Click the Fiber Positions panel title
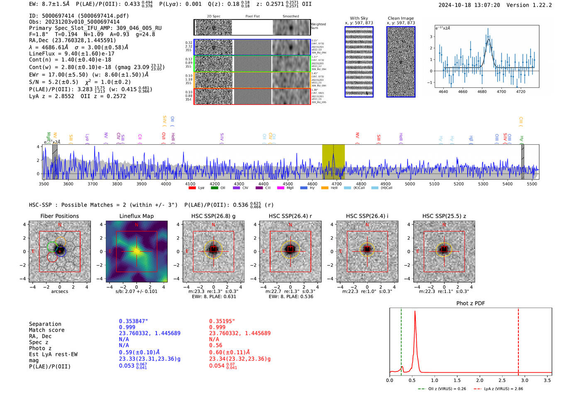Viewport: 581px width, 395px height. tap(59, 216)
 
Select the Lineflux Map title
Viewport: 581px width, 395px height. tap(136, 216)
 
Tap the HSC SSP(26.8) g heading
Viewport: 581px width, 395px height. tap(213, 216)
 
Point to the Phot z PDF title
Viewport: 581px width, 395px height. tap(471, 303)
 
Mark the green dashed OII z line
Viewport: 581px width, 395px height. tap(401, 340)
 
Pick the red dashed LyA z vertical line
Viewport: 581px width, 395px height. tap(518, 340)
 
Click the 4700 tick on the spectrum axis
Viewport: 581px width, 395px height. tap(337, 184)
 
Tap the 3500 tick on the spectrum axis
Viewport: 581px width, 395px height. tap(44, 184)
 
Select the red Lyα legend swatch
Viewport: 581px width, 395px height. tap(192, 188)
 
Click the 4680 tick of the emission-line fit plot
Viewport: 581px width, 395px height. tap(482, 92)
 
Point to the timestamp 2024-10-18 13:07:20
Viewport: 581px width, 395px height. tap(469, 5)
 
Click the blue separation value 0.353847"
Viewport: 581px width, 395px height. tap(133, 321)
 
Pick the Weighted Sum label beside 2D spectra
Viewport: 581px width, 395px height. tap(318, 26)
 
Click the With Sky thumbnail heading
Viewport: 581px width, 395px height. tap(359, 18)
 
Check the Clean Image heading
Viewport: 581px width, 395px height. tap(400, 18)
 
